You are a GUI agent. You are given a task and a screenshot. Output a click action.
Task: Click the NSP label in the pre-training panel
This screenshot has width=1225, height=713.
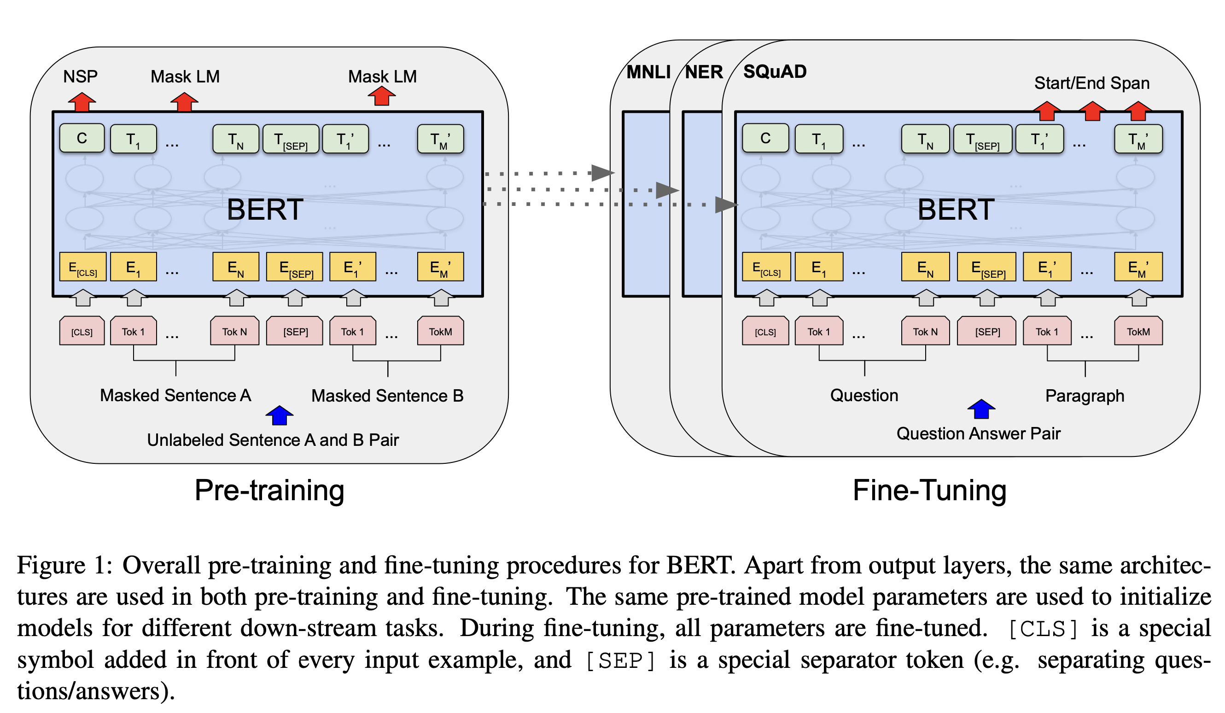(81, 77)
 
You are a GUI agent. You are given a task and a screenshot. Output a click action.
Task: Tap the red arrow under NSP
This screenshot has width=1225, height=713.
(82, 102)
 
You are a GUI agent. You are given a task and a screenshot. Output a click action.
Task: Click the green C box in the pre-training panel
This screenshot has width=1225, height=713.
(82, 139)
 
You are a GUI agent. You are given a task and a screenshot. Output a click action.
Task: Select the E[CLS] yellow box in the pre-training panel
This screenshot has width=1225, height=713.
(82, 267)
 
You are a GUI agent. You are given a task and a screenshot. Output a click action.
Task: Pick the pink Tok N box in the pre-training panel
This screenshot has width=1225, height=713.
(235, 332)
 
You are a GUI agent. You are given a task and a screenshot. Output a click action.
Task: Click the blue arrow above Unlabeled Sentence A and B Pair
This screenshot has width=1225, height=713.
(280, 415)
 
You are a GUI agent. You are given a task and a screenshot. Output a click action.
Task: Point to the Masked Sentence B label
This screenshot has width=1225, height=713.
(387, 396)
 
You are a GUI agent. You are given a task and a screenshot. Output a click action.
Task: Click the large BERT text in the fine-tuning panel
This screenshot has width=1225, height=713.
(956, 210)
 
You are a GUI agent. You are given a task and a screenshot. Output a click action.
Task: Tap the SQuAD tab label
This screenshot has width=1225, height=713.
(775, 72)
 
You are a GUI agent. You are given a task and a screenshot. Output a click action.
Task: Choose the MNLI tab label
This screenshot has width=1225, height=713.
(648, 72)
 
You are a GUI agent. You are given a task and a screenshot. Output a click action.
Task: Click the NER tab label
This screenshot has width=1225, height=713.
(704, 72)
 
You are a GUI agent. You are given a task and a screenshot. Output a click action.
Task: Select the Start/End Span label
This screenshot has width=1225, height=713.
(1092, 83)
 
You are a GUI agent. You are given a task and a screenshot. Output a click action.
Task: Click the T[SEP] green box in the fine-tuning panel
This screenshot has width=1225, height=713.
(982, 140)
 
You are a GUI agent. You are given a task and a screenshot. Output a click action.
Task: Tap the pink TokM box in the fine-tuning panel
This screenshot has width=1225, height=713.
(1138, 332)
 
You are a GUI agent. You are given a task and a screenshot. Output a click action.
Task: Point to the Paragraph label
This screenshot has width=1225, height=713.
(1085, 396)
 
